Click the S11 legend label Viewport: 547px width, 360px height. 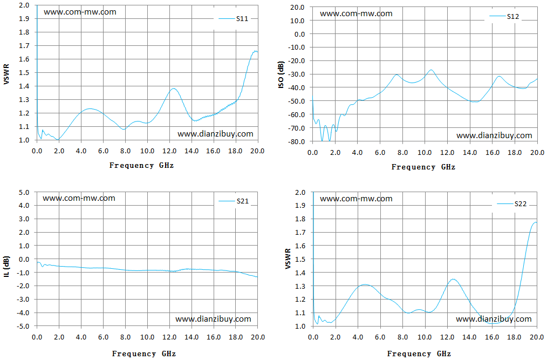pos(242,19)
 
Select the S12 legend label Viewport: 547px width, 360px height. pos(513,16)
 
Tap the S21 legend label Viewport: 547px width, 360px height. pos(242,201)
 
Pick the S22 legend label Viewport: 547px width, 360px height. pos(520,204)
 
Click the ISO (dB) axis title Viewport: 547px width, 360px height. pos(281,74)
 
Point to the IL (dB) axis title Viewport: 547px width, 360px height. pos(6,267)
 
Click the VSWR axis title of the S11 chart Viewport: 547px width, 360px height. pos(6,74)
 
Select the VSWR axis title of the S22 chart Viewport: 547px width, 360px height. pos(288,259)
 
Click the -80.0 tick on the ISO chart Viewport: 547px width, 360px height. pos(297,141)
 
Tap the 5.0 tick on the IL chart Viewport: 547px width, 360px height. pos(24,192)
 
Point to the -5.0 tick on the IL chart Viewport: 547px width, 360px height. pos(23,326)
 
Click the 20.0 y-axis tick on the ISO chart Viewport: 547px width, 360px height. pos(298,8)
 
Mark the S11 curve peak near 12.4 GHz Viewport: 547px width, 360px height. pos(173,89)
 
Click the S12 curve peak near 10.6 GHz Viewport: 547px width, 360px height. pos(431,70)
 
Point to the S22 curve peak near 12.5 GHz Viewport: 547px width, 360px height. pos(453,279)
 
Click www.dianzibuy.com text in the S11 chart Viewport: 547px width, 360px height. pos(215,134)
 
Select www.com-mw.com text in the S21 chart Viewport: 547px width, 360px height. pos(79,198)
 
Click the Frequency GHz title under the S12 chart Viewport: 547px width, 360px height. pos(423,167)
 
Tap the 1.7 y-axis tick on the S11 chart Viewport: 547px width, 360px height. pos(24,46)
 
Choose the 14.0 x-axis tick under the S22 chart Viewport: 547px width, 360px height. pos(469,337)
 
